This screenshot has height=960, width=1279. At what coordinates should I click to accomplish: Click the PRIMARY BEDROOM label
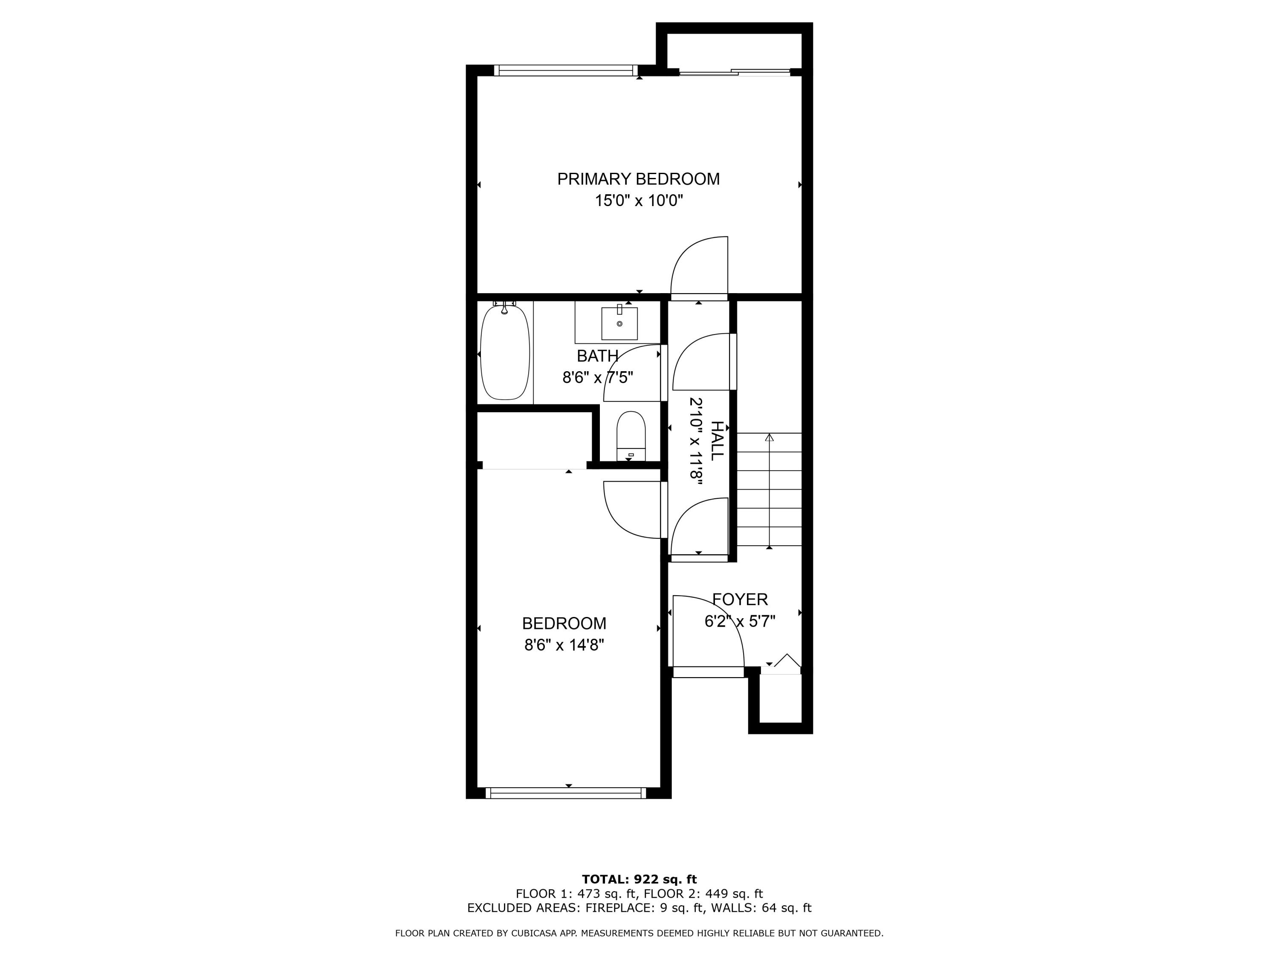tap(638, 179)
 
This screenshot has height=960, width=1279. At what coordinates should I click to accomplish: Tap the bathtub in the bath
tap(505, 353)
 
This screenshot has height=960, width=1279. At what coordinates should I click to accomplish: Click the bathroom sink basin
tap(619, 324)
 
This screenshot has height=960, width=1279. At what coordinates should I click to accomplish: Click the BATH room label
tap(597, 355)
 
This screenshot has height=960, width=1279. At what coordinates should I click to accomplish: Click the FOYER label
tap(740, 599)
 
